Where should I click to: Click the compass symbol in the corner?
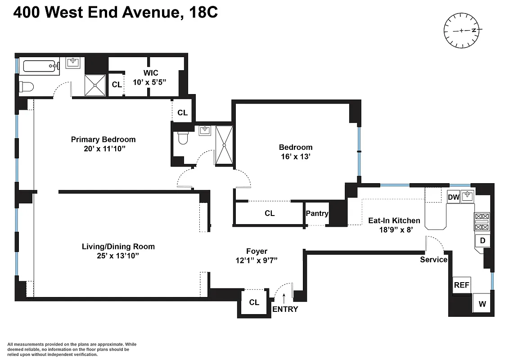[x=462, y=31]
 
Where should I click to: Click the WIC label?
[x=151, y=73]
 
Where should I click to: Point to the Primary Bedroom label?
[x=103, y=139]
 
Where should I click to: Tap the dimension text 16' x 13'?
[x=295, y=157]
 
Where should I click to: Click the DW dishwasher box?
[x=453, y=197]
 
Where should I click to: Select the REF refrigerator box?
[x=461, y=285]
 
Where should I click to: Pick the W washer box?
[x=482, y=304]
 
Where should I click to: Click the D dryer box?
[x=482, y=240]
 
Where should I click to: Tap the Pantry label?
[x=317, y=214]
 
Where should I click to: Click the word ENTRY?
[x=285, y=309]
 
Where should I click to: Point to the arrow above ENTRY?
[x=284, y=297]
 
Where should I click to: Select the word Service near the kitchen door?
[x=433, y=260]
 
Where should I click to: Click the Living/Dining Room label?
[x=118, y=247]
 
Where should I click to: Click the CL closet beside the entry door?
[x=254, y=302]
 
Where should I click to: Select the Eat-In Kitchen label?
[x=394, y=220]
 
